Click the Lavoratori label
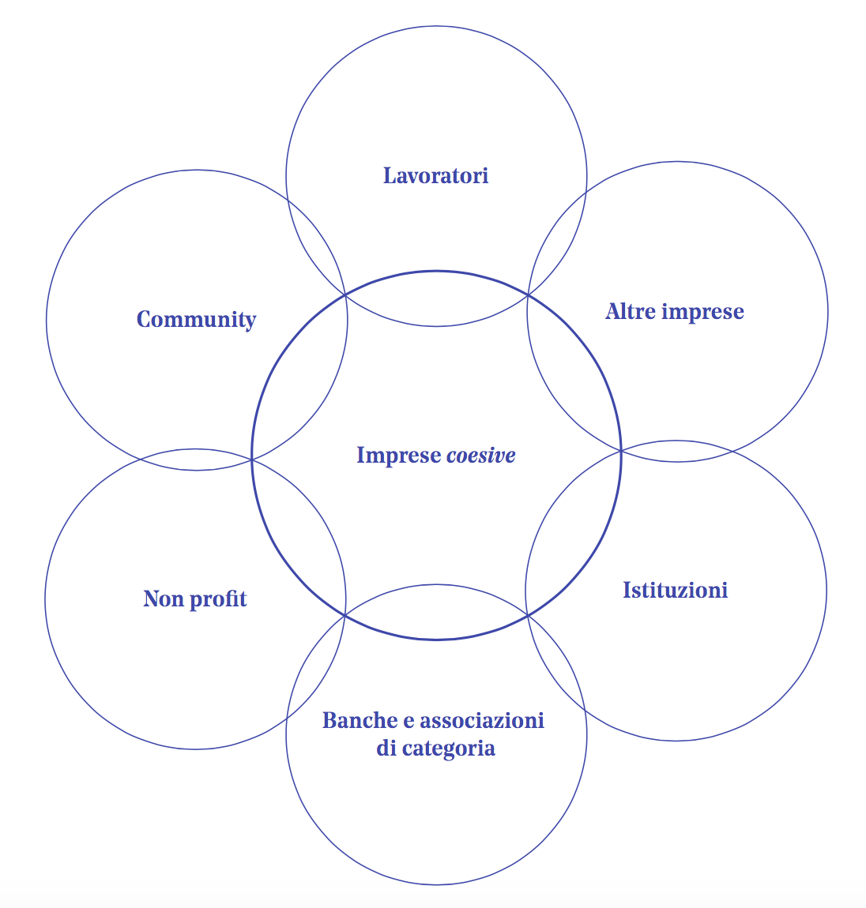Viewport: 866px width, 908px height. pyautogui.click(x=435, y=175)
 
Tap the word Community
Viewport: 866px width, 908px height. pyautogui.click(x=196, y=320)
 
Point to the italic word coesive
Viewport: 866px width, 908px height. pyautogui.click(x=481, y=456)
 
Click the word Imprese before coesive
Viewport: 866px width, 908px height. pyautogui.click(x=398, y=456)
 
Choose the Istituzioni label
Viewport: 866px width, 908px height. pyautogui.click(x=675, y=591)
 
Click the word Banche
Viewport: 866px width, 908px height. pyautogui.click(x=359, y=720)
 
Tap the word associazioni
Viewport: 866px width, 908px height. pyautogui.click(x=482, y=720)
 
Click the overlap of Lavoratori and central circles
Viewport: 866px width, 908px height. pyautogui.click(x=436, y=298)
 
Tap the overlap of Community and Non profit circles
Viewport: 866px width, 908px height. pyautogui.click(x=196, y=460)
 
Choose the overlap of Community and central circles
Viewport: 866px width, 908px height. pyautogui.click(x=300, y=375)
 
